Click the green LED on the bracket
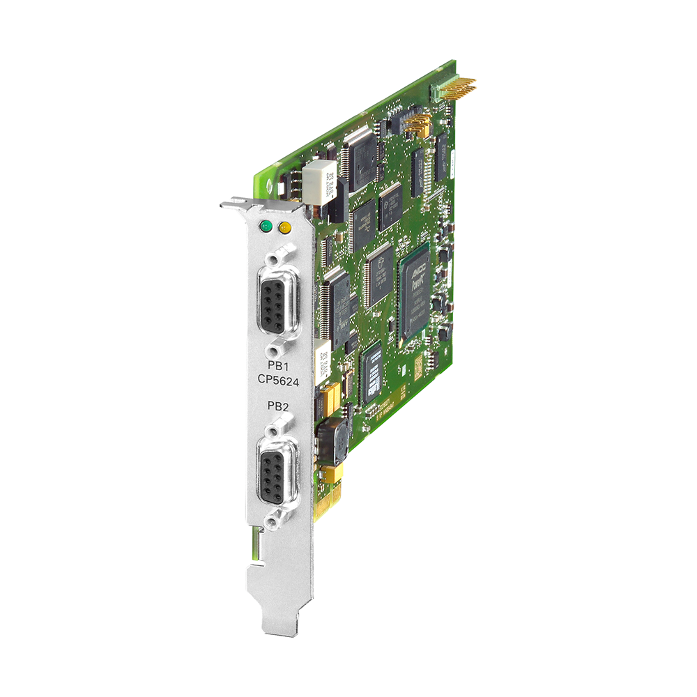coord(265,226)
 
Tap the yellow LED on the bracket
coord(284,227)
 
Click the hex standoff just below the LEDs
coord(281,252)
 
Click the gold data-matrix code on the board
coord(417,365)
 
